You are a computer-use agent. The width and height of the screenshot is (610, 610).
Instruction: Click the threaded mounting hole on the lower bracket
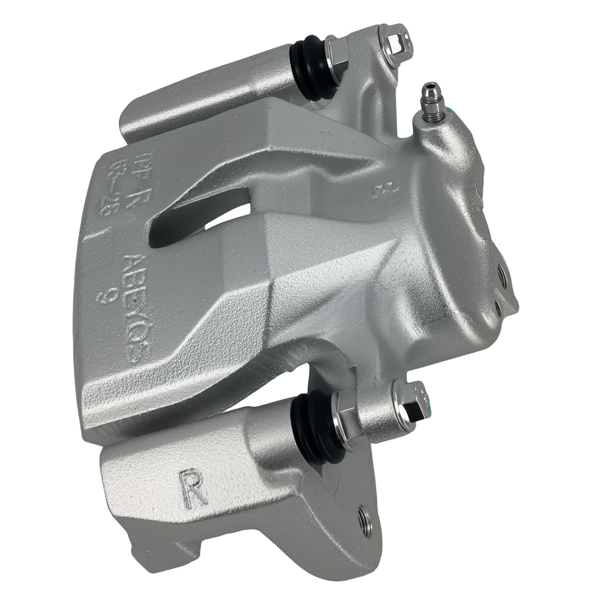click(x=365, y=522)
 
